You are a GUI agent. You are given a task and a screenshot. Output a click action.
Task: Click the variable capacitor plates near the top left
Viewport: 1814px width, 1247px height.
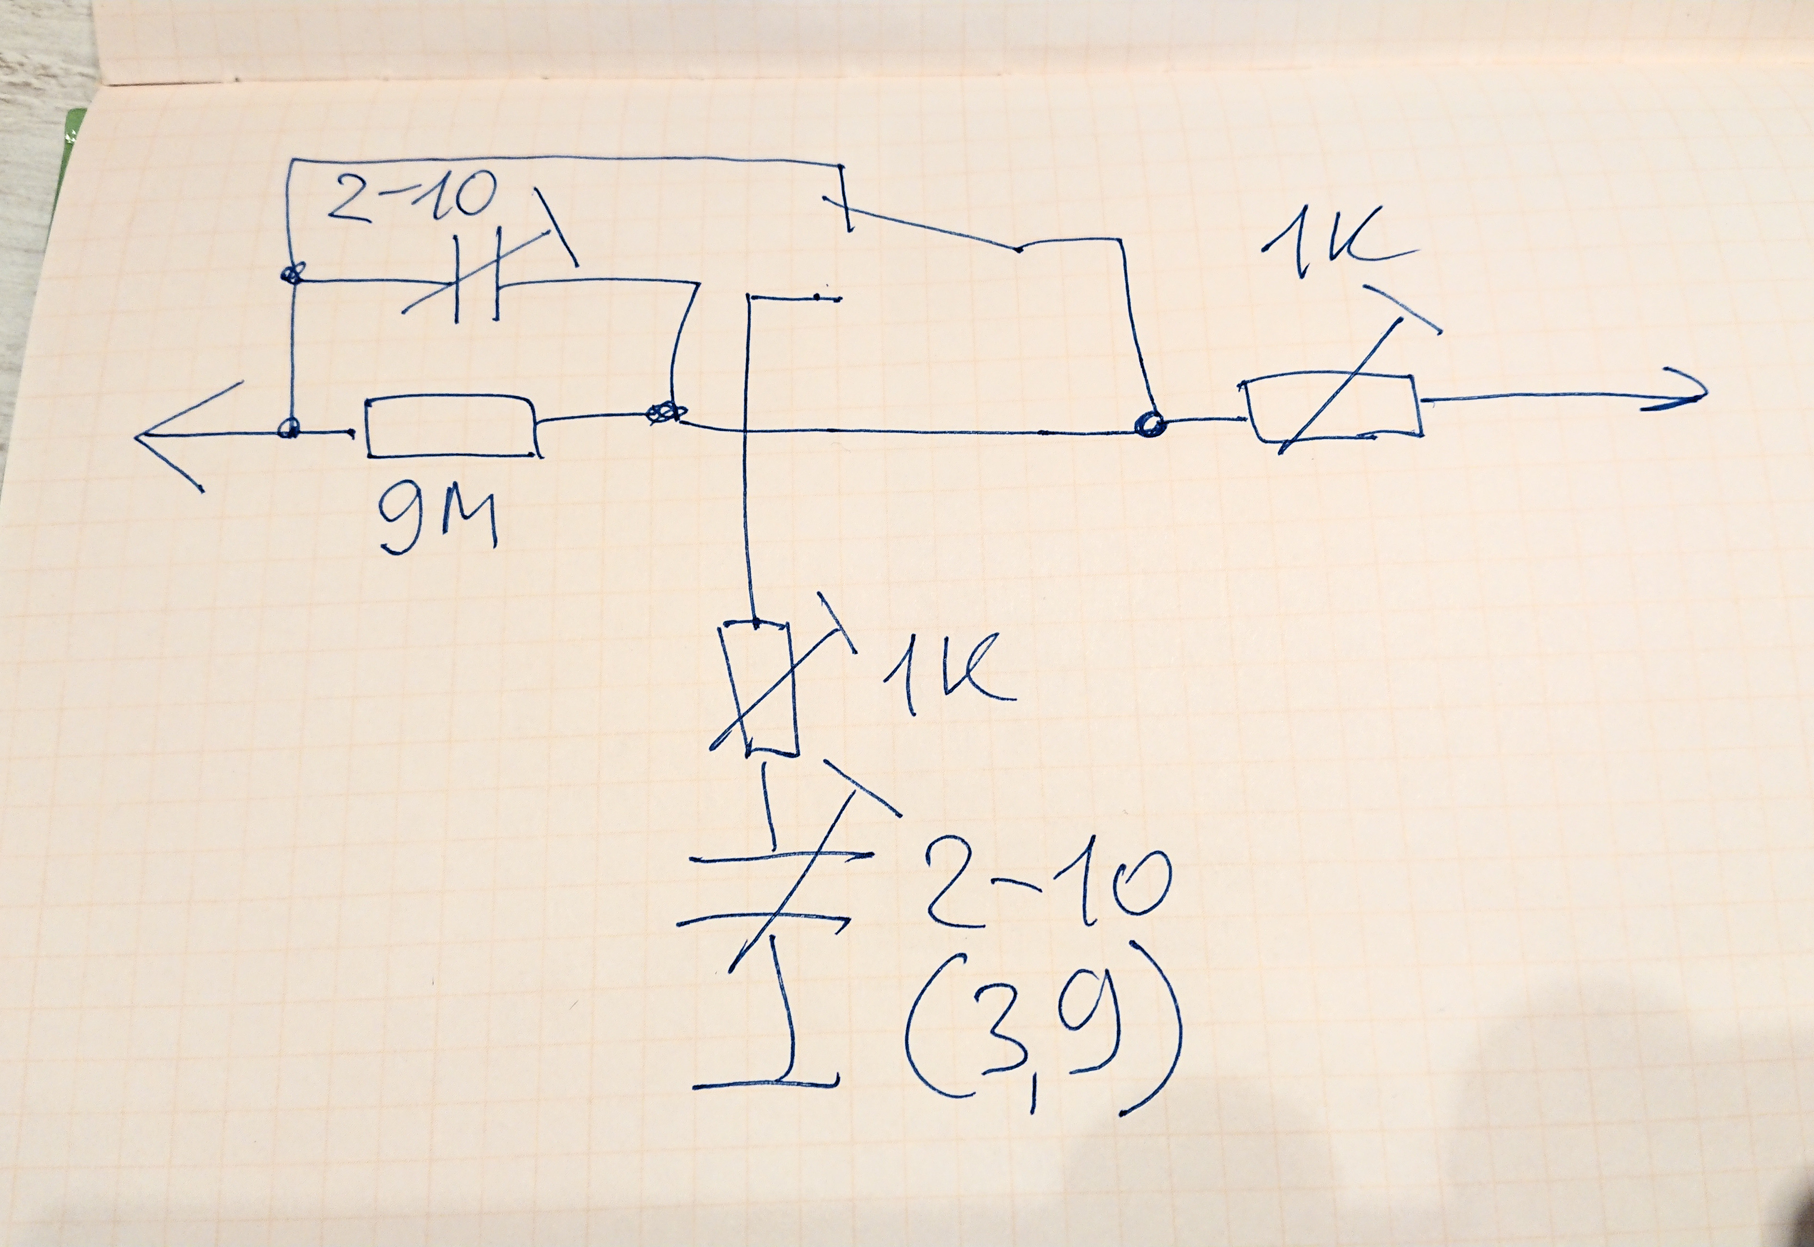click(x=477, y=289)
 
